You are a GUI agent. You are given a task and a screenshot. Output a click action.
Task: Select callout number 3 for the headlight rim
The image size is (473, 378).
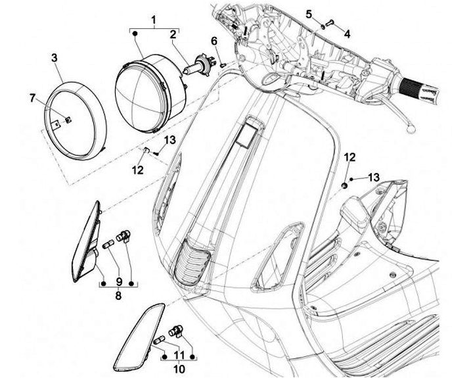tap(54, 58)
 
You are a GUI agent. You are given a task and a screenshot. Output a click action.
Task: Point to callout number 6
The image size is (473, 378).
tap(214, 41)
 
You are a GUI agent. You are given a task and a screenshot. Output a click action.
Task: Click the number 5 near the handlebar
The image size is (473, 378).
tap(309, 14)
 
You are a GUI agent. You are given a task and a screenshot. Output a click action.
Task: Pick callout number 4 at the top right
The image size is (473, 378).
tap(347, 33)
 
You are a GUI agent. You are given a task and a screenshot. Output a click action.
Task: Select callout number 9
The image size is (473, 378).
tap(118, 282)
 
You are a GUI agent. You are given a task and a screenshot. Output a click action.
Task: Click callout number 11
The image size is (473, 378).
tap(178, 356)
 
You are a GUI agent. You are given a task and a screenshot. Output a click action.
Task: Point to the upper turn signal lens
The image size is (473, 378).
tap(85, 241)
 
